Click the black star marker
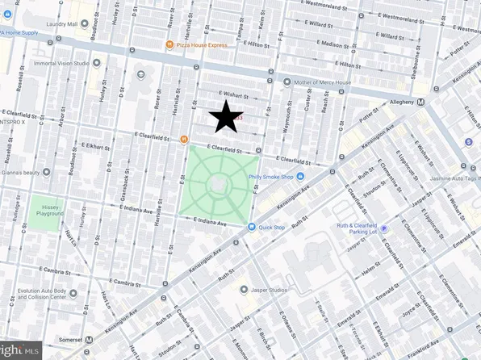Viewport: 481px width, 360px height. [x=227, y=118]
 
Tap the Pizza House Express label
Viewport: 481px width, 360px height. [x=202, y=45]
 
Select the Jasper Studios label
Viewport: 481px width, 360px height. [x=270, y=289]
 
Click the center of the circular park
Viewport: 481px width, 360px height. [x=219, y=186]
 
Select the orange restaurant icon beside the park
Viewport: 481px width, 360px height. [x=184, y=140]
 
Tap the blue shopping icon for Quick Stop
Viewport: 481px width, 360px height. [x=252, y=227]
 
